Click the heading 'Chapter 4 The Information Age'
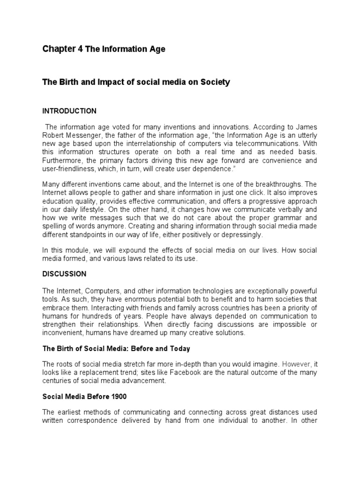point(104,49)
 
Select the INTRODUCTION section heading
point(69,111)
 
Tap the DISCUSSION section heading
point(65,273)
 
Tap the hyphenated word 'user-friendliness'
point(70,169)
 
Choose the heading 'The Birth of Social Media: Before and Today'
point(116,349)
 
